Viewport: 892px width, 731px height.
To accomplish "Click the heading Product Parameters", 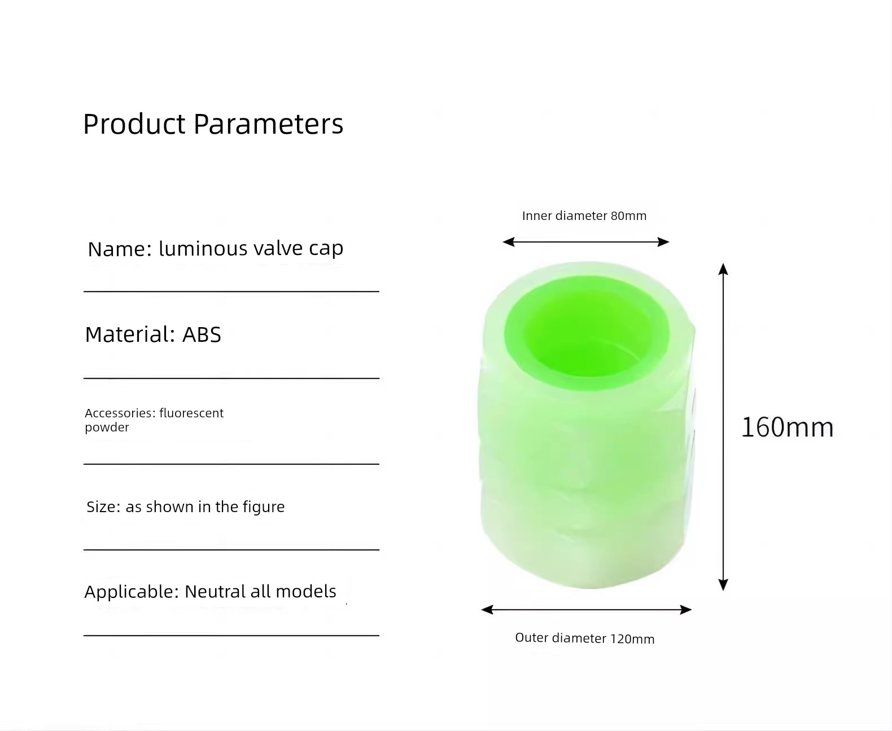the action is click(x=213, y=125).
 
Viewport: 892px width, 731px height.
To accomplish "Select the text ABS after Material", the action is click(x=202, y=334).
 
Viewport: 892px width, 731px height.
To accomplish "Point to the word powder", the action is click(x=107, y=428).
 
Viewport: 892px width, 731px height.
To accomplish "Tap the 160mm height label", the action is click(x=788, y=427).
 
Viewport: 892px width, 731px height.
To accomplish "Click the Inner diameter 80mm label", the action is click(x=584, y=216).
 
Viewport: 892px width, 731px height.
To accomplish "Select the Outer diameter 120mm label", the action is click(x=584, y=638).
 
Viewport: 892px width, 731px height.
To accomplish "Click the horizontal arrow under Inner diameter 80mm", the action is click(x=586, y=242).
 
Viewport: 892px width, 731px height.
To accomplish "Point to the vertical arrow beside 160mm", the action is click(x=723, y=427).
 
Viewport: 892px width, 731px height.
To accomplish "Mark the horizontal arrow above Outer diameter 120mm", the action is click(x=586, y=610).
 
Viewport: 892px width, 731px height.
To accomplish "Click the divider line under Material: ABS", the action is click(x=231, y=378).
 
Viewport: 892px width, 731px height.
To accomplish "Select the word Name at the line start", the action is click(x=119, y=249).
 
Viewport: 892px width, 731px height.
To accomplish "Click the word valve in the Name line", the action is click(x=278, y=248).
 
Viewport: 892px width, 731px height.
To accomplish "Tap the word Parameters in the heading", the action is click(x=269, y=125).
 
